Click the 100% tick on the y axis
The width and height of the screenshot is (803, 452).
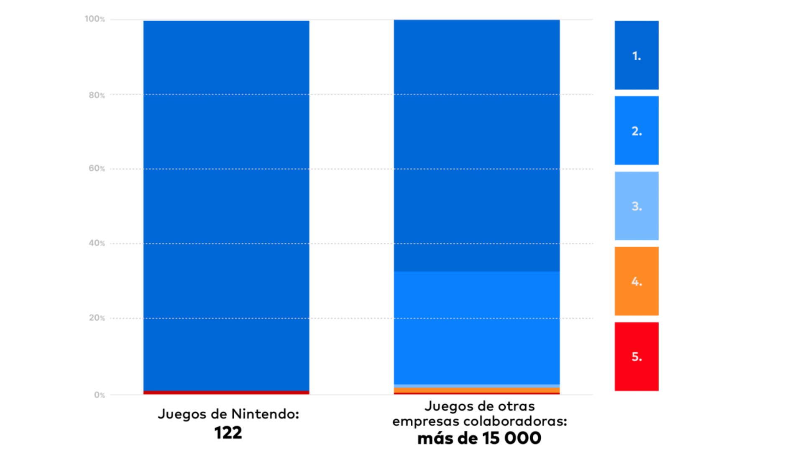95,19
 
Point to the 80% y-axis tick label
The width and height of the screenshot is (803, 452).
97,95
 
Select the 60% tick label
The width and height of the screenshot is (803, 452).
97,168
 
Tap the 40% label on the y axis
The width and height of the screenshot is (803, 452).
97,243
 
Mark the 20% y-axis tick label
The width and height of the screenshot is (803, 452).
97,318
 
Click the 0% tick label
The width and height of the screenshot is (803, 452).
99,395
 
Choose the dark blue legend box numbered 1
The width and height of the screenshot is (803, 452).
636,55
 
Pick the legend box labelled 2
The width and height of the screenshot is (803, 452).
636,131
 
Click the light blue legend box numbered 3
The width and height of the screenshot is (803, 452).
636,206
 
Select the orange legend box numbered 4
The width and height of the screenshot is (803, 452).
636,281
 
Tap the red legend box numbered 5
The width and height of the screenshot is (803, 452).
636,357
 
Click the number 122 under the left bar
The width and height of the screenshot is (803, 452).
228,433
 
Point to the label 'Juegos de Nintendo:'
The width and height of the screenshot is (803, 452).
228,414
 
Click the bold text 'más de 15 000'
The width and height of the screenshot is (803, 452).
479,438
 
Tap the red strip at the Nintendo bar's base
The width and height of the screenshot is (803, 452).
226,393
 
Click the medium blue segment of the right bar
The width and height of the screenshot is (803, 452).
477,328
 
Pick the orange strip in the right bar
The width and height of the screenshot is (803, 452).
477,390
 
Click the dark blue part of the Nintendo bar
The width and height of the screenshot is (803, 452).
226,205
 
